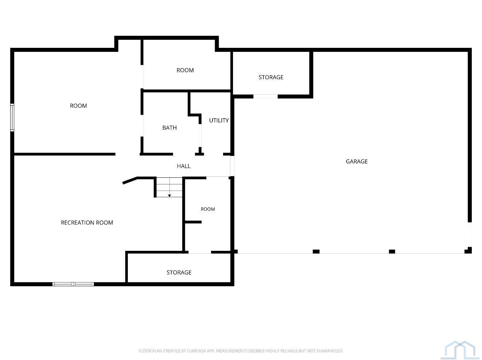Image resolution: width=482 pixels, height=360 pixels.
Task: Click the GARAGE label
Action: pyautogui.click(x=356, y=161)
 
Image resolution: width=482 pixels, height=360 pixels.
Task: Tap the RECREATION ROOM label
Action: pyautogui.click(x=87, y=223)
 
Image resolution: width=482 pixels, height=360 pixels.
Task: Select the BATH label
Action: pyautogui.click(x=169, y=127)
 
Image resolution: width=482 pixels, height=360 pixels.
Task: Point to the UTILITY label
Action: pyautogui.click(x=219, y=120)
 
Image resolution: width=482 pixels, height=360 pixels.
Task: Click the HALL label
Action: pyautogui.click(x=184, y=166)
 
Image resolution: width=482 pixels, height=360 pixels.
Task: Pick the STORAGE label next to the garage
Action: pyautogui.click(x=271, y=77)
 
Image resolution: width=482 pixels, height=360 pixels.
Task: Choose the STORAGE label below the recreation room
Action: pyautogui.click(x=179, y=272)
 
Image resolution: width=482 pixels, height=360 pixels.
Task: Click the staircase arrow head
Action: pyautogui.click(x=169, y=196)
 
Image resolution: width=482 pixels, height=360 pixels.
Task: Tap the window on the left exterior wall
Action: pyautogui.click(x=12, y=118)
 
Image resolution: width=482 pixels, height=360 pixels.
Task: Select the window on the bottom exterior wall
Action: pyautogui.click(x=73, y=284)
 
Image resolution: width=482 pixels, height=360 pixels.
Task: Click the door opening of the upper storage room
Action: pyautogui.click(x=265, y=96)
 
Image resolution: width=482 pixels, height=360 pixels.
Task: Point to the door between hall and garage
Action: pyautogui.click(x=232, y=166)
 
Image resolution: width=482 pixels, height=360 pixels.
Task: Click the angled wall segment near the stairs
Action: pyautogui.click(x=130, y=180)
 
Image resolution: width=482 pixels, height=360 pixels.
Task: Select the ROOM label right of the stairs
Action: pyautogui.click(x=207, y=209)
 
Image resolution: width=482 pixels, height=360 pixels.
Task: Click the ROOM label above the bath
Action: pyautogui.click(x=185, y=70)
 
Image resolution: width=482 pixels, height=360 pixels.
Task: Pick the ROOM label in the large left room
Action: pyautogui.click(x=79, y=106)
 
